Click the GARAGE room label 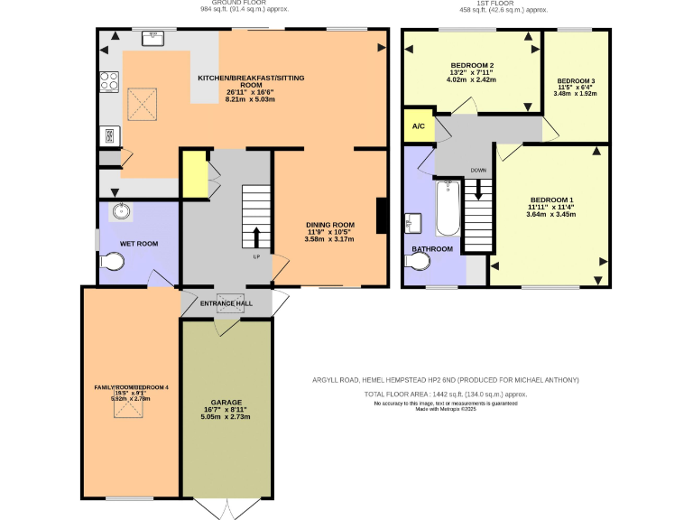click(226, 402)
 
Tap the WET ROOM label click(140, 244)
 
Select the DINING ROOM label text click(329, 225)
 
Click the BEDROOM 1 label click(551, 200)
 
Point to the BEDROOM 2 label click(472, 66)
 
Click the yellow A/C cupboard click(418, 126)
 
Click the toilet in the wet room click(113, 262)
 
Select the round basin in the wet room click(123, 212)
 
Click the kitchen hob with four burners click(109, 81)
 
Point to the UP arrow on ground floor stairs click(256, 237)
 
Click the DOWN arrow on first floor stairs click(478, 190)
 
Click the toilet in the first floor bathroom click(417, 262)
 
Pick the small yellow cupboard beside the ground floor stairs click(193, 173)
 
